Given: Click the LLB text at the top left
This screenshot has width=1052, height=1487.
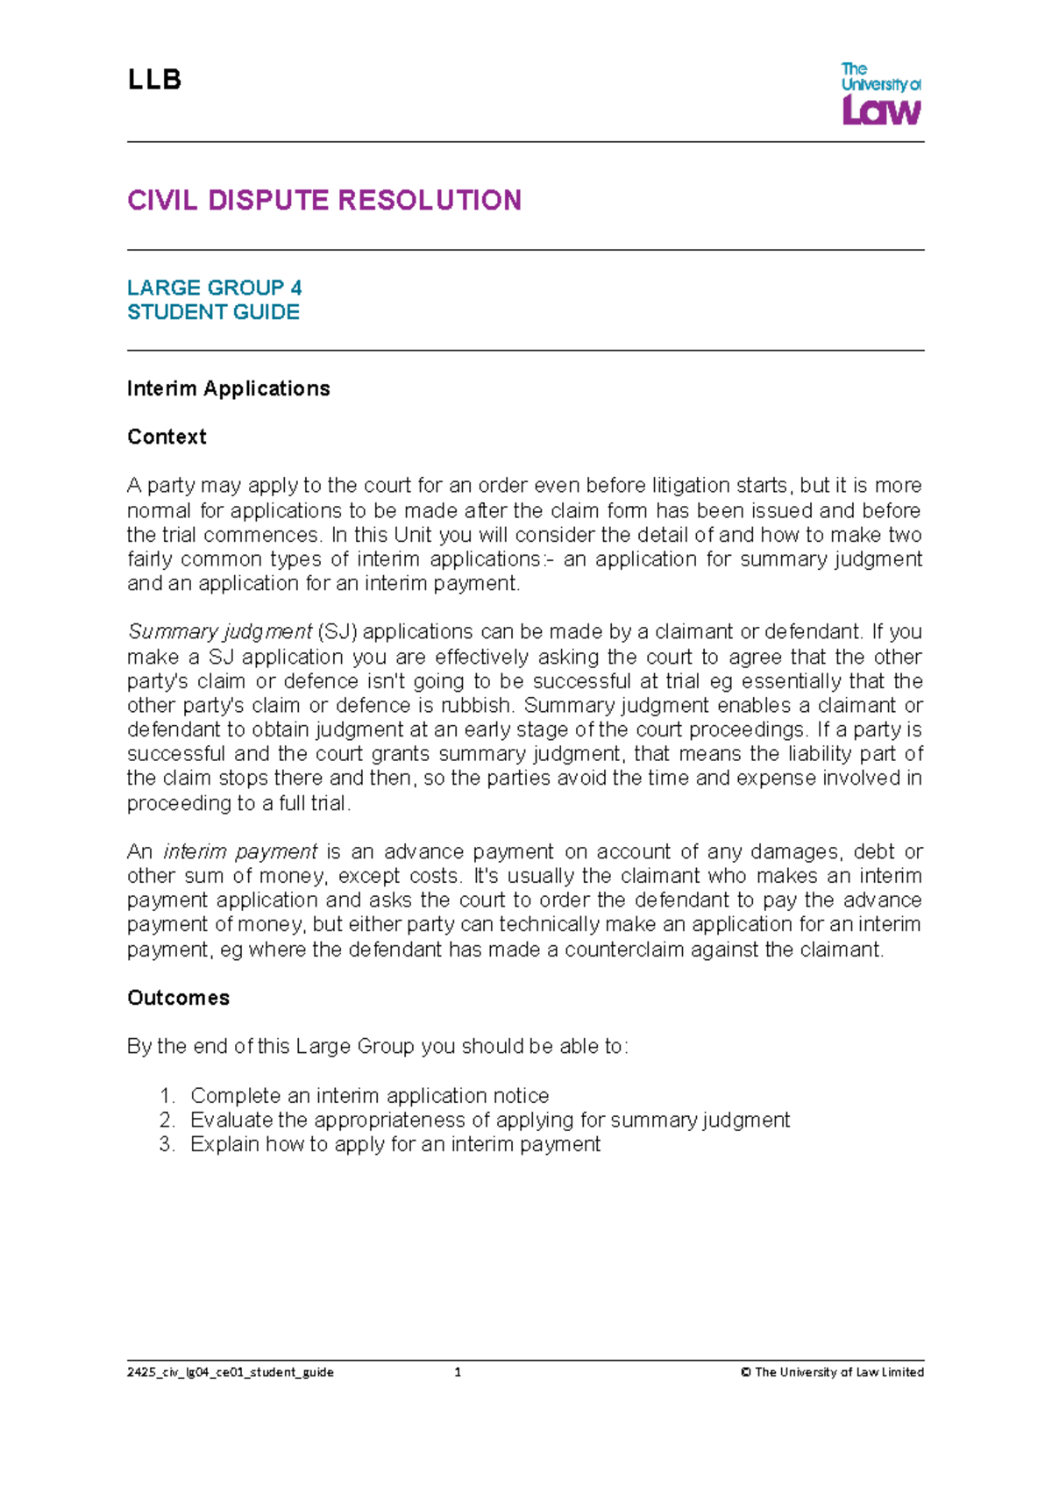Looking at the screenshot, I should click(154, 80).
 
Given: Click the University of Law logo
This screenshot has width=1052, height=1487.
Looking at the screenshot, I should click(880, 93).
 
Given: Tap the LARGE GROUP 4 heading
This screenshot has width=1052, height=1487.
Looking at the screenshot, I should click(214, 288).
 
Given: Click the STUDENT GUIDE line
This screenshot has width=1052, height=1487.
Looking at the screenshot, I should click(213, 312).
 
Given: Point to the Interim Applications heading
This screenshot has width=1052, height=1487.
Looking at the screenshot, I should click(228, 388).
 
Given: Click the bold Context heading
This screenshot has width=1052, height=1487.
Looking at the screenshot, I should click(167, 437).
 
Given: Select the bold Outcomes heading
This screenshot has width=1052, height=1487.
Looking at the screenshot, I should click(178, 998).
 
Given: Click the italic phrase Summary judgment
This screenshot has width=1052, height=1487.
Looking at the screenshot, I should click(219, 632).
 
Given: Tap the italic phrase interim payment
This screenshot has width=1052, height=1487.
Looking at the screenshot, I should click(239, 851).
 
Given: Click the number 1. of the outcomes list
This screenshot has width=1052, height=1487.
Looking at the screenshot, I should click(167, 1096).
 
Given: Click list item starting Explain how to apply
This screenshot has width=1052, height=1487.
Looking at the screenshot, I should click(394, 1144).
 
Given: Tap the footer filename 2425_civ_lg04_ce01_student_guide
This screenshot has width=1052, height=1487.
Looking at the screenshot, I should click(230, 1372).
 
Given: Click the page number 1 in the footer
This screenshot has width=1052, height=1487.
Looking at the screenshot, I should click(458, 1372).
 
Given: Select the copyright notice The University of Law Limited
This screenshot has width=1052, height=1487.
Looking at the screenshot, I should click(832, 1372).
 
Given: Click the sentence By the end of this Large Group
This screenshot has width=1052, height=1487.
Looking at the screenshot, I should click(377, 1047).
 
